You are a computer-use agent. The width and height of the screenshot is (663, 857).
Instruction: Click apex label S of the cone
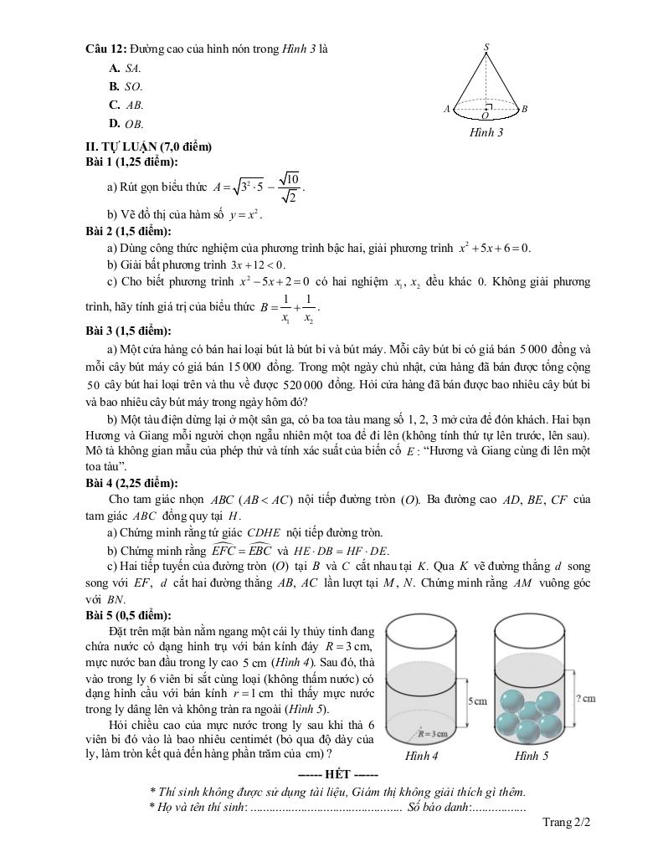tap(486, 48)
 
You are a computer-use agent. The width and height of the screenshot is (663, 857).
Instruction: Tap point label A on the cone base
tap(448, 109)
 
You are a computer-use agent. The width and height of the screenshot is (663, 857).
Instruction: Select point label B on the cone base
tap(524, 109)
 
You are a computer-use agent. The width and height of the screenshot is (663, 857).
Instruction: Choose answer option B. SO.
tap(125, 86)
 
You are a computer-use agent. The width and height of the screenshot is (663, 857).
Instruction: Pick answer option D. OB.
tap(126, 124)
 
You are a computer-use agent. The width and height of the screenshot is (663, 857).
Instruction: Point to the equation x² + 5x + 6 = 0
tap(494, 248)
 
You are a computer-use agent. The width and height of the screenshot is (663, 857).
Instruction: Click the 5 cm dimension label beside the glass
tap(476, 700)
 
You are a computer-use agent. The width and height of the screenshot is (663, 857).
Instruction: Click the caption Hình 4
tap(422, 756)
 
